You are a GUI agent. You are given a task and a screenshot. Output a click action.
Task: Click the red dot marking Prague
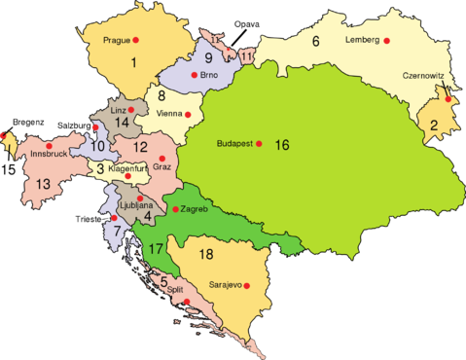(136, 40)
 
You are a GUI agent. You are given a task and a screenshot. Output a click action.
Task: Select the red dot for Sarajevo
(248, 285)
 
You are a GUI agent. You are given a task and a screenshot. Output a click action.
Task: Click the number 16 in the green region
(282, 146)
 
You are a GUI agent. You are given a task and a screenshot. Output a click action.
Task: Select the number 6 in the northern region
(316, 41)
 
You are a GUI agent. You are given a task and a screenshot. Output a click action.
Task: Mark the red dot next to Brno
(196, 75)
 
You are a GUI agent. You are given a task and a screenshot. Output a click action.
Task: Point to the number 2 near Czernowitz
(433, 125)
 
